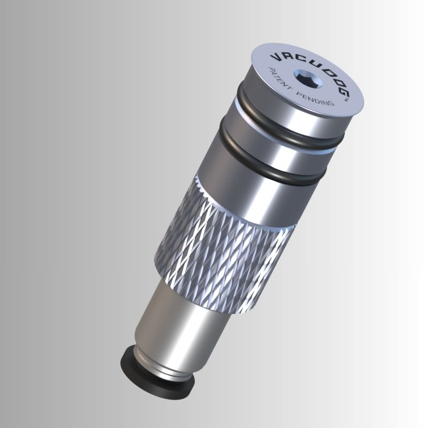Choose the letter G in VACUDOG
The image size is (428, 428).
[341, 86]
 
